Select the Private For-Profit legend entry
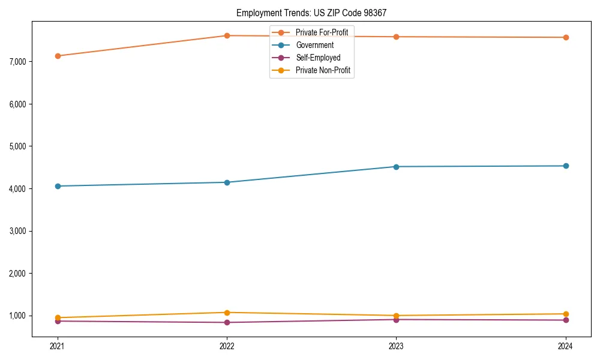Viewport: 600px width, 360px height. (322, 32)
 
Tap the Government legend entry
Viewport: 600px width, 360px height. (314, 45)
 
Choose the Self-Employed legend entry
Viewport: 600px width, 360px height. (318, 58)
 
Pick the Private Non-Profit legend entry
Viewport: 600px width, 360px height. (323, 71)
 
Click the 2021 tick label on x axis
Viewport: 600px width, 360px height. (58, 346)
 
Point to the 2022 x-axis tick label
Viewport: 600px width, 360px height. (227, 346)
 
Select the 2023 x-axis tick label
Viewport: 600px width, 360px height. (396, 346)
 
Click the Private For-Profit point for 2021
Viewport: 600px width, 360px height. (58, 56)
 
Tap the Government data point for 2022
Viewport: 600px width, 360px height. (227, 182)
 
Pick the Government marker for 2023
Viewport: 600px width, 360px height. (396, 167)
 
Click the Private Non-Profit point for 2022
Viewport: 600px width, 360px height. (227, 313)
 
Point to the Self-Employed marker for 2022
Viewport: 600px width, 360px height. (227, 322)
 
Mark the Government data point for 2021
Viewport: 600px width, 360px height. (58, 186)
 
